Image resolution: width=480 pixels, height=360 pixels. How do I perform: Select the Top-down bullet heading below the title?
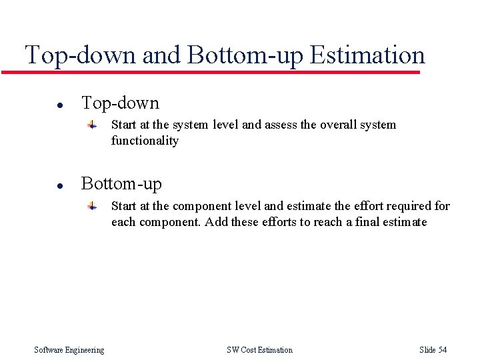[120, 103]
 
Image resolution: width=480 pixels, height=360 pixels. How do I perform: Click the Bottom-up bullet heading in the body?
[121, 183]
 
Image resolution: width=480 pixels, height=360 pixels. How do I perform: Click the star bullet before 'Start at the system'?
[94, 125]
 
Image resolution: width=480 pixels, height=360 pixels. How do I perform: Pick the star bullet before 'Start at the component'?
[94, 206]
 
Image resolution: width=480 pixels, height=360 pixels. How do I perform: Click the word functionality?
[145, 141]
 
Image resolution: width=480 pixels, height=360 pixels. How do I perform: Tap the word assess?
[280, 125]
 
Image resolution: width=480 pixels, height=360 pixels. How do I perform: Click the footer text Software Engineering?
[69, 350]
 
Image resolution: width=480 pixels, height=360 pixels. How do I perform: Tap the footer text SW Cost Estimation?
[259, 350]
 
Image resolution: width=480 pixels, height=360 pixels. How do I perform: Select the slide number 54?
[442, 350]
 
